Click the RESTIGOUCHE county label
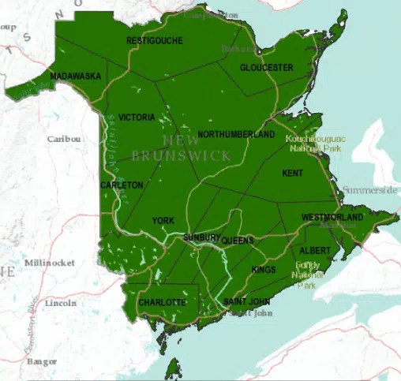coord(155,40)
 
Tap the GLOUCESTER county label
coord(266,68)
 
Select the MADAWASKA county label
coord(75,76)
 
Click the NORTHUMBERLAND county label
coord(236,135)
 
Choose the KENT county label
coord(292,172)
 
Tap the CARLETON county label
coord(122,185)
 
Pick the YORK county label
coord(163,221)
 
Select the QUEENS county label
coord(238,239)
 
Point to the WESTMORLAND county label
coord(332,217)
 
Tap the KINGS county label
coord(264,270)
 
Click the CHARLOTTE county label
coord(162,302)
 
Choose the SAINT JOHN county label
coord(246,302)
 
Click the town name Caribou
coord(64,138)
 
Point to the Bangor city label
coord(42,361)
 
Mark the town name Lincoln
coord(61,303)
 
